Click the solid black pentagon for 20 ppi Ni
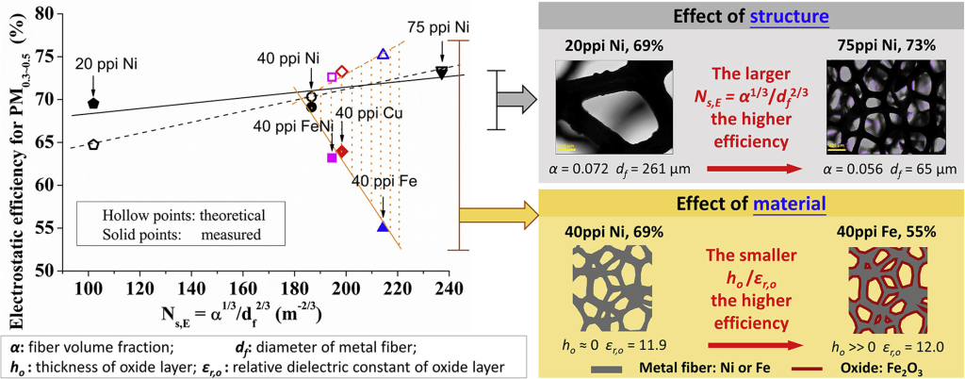pyautogui.click(x=93, y=103)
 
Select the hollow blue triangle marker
pyautogui.click(x=383, y=55)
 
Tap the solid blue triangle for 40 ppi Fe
pyautogui.click(x=383, y=226)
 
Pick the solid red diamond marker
pyautogui.click(x=342, y=151)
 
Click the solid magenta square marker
pyautogui.click(x=332, y=157)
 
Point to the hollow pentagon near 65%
pyautogui.click(x=93, y=144)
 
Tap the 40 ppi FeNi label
pyautogui.click(x=289, y=124)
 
